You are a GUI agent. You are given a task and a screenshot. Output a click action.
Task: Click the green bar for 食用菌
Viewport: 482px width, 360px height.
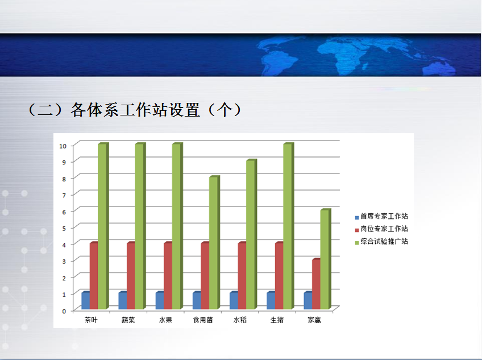[214, 242]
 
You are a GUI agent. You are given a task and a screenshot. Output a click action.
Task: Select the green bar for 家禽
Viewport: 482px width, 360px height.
[326, 259]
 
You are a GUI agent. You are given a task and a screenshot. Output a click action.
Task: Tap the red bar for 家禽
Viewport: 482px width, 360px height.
[316, 284]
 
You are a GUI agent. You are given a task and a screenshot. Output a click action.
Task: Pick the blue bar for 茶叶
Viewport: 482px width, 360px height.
[86, 300]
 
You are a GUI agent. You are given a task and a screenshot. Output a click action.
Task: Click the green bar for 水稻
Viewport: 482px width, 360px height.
[251, 234]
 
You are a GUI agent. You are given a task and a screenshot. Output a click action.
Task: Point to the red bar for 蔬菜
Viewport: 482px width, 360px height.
[131, 276]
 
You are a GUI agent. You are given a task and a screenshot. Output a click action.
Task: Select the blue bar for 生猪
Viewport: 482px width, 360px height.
[271, 300]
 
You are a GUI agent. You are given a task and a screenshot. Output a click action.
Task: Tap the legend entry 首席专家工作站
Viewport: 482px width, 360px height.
[381, 216]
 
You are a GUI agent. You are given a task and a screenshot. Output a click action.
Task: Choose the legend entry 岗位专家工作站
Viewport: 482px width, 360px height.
[381, 229]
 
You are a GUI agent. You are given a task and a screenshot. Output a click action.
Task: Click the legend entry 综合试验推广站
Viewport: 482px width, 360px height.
[381, 242]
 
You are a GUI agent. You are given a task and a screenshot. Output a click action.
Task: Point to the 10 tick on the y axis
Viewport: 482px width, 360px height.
[63, 146]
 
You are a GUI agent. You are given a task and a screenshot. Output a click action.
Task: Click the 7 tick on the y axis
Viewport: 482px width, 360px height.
[64, 196]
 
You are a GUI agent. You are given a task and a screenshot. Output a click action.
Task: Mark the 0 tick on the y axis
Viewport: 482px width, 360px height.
[64, 311]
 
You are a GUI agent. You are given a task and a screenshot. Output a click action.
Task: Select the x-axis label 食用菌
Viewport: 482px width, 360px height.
[203, 320]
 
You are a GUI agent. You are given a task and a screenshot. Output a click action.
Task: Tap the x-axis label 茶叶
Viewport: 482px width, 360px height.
[91, 320]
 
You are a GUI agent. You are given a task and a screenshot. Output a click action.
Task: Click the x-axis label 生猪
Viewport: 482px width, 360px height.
[277, 320]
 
